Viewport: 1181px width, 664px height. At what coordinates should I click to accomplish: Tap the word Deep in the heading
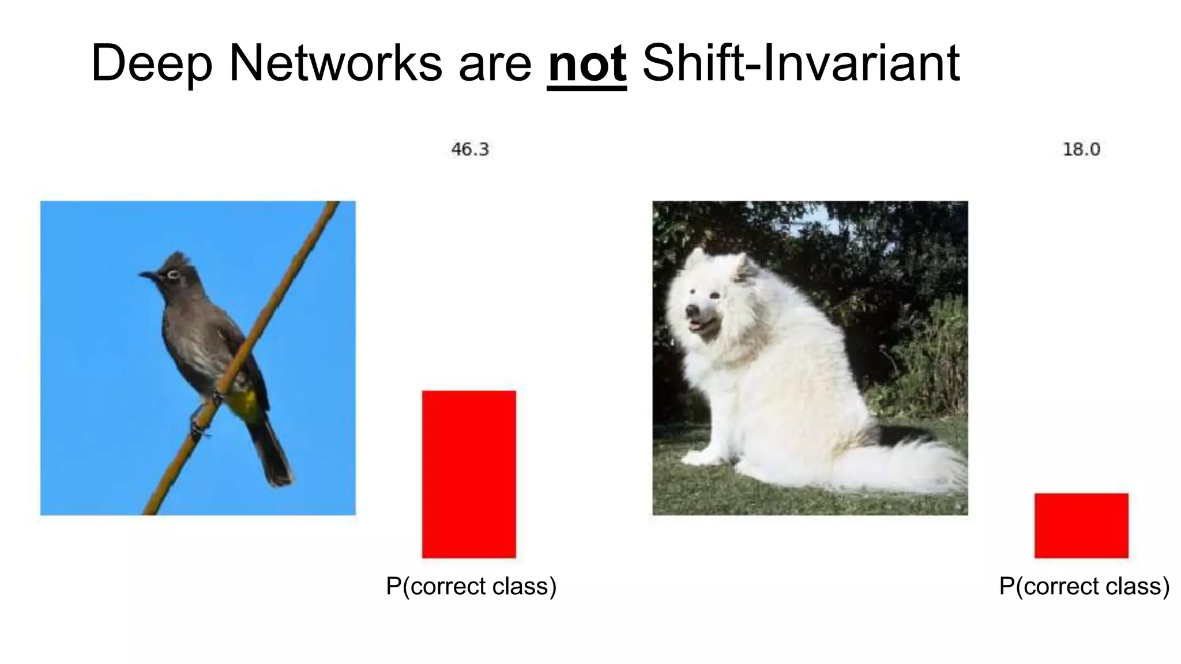tap(152, 65)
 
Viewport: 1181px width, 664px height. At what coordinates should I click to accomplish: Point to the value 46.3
tap(469, 150)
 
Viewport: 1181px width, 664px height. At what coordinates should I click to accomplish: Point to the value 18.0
tap(1081, 150)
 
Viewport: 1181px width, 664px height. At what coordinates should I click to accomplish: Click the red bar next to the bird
tap(469, 474)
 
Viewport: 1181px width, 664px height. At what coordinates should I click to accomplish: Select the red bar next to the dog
tap(1081, 525)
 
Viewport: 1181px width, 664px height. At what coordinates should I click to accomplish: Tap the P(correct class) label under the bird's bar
tap(471, 586)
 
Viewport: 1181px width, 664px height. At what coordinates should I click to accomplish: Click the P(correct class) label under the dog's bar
tap(1084, 586)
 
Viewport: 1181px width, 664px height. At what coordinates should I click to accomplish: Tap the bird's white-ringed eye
tap(172, 274)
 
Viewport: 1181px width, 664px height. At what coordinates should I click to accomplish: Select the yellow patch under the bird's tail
tap(245, 404)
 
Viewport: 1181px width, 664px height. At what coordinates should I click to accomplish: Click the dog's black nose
tap(690, 312)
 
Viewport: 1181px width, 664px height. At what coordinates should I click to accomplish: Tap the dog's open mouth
tap(698, 326)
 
